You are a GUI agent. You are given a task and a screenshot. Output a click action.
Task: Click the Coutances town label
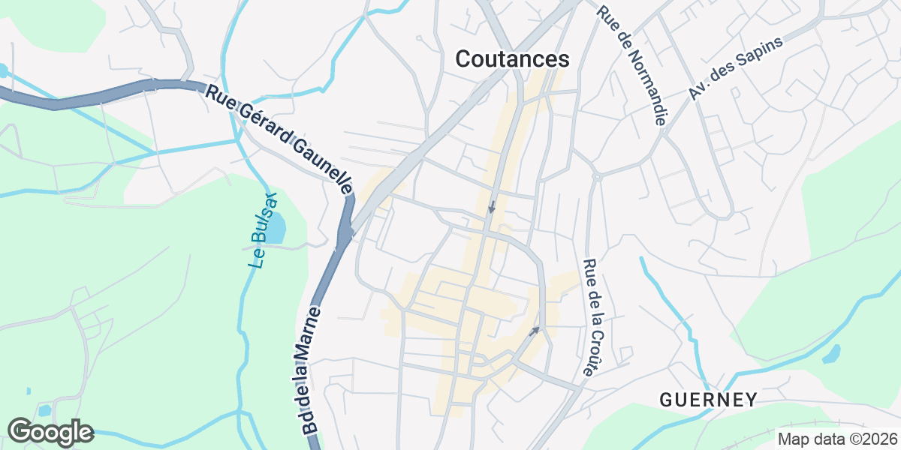click(x=513, y=58)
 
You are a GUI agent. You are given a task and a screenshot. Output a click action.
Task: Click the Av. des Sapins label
click(x=735, y=68)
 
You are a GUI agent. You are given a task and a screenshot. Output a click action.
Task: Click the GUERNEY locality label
click(x=708, y=400)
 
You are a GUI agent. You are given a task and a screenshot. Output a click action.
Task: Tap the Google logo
click(x=50, y=432)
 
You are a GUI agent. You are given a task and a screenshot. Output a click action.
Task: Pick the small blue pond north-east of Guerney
click(x=832, y=353)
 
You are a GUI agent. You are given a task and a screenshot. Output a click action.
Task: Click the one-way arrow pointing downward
click(x=492, y=205)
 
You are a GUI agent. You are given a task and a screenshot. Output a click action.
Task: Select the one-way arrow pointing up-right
click(x=534, y=330)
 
